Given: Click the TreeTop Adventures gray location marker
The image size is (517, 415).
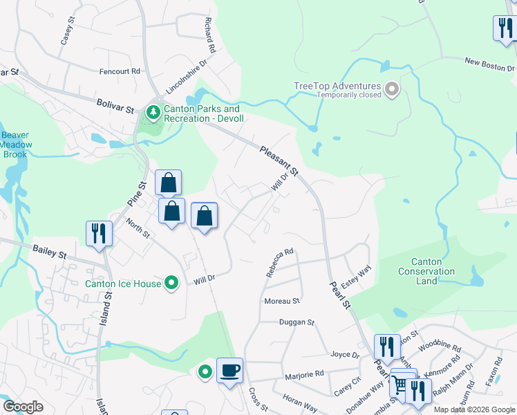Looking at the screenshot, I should pos(392,89).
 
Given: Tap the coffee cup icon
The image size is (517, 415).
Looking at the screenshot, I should pos(229,369).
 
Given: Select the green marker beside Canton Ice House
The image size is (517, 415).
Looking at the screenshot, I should pos(172,282).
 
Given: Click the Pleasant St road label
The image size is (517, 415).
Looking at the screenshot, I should pos(279,160).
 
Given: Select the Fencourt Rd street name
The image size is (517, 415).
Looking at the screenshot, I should pos(120,71).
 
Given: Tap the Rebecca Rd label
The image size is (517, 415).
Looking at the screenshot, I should pos(280,263).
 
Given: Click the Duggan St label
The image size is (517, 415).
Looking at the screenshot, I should pos(297,322).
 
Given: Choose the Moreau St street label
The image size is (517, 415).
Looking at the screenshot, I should pos(282,302).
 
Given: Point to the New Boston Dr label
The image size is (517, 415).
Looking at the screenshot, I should pos(489,65).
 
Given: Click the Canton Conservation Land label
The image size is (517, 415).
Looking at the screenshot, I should pos(426,271).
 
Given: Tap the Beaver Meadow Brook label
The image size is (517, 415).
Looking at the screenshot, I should pos(15,145).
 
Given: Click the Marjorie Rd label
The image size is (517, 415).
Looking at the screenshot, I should pos(304,374).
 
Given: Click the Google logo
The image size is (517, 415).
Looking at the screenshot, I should pos(23,406).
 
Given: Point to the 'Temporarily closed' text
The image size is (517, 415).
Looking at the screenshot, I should pos(349,95).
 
